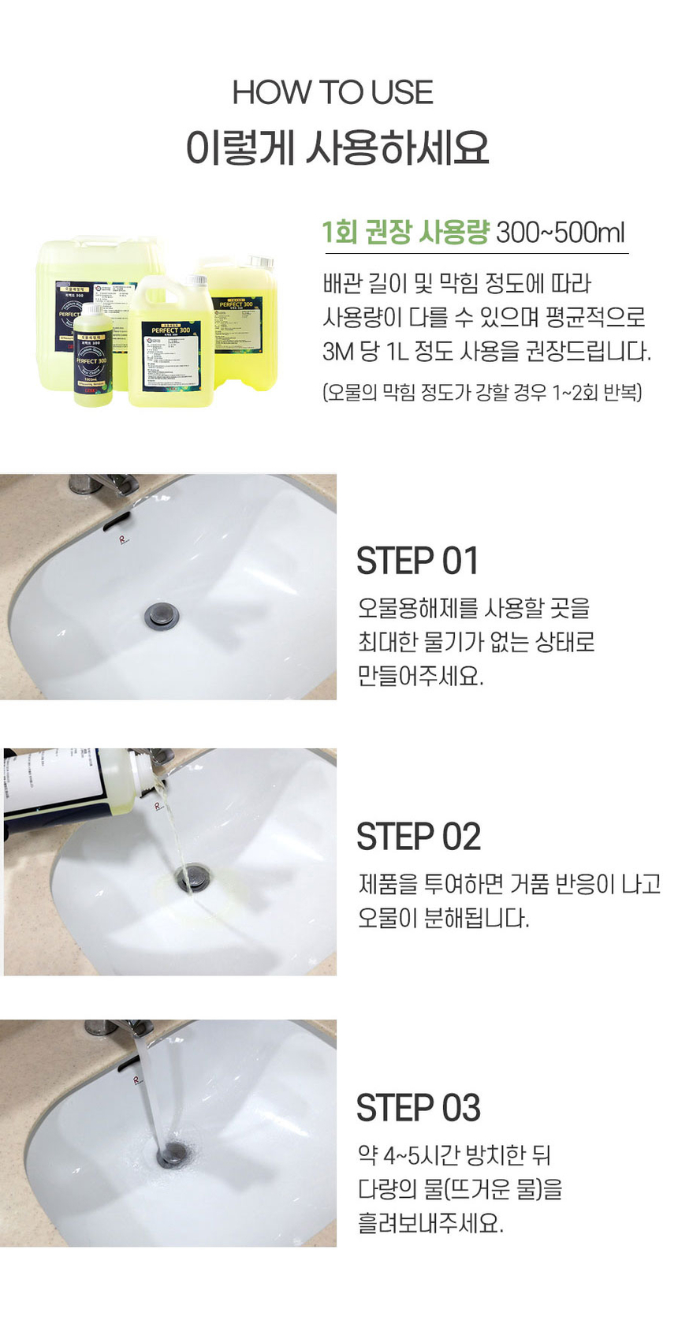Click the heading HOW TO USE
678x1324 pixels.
click(332, 93)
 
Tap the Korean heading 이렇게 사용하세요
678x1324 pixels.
click(337, 147)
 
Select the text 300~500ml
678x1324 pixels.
click(560, 233)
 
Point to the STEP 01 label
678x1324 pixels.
click(417, 561)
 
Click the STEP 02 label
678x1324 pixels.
click(418, 837)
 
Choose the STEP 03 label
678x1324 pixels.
click(418, 1108)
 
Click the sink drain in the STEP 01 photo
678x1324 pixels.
click(161, 615)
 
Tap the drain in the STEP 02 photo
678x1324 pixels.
click(192, 878)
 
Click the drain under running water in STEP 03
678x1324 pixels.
click(171, 1156)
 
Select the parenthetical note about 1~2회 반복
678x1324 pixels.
click(482, 392)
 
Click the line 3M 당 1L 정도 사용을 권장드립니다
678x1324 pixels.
click(486, 351)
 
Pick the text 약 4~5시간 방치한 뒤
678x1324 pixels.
click(454, 1155)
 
